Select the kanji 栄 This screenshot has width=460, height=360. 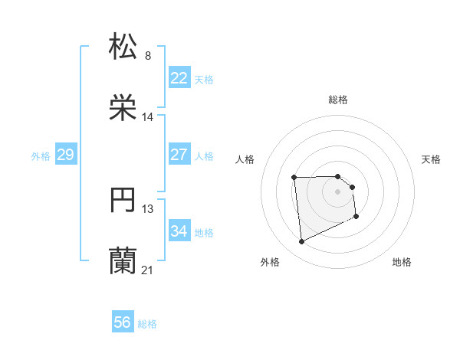pos(123,107)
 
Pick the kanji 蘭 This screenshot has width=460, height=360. pos(123,261)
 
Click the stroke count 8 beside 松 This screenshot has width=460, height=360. pos(148,55)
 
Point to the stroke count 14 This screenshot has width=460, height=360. pos(148,117)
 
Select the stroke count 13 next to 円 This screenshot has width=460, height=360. pos(148,209)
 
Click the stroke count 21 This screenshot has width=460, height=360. pos(148,270)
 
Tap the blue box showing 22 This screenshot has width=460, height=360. pos(179,78)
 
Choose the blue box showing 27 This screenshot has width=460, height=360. pos(179,155)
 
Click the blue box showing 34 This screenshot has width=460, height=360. pos(179,231)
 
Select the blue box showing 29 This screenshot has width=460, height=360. pos(65,155)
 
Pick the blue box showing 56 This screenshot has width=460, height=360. pos(122,323)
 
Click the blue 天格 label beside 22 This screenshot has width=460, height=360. pos(204,79)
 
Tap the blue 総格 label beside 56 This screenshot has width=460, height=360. pos(147,324)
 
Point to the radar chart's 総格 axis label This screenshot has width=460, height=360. pos(338,100)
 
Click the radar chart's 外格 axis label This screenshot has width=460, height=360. pos(270,262)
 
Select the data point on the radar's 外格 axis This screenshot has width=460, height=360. pos(302,242)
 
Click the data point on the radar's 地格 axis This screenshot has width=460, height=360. pos(357,217)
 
